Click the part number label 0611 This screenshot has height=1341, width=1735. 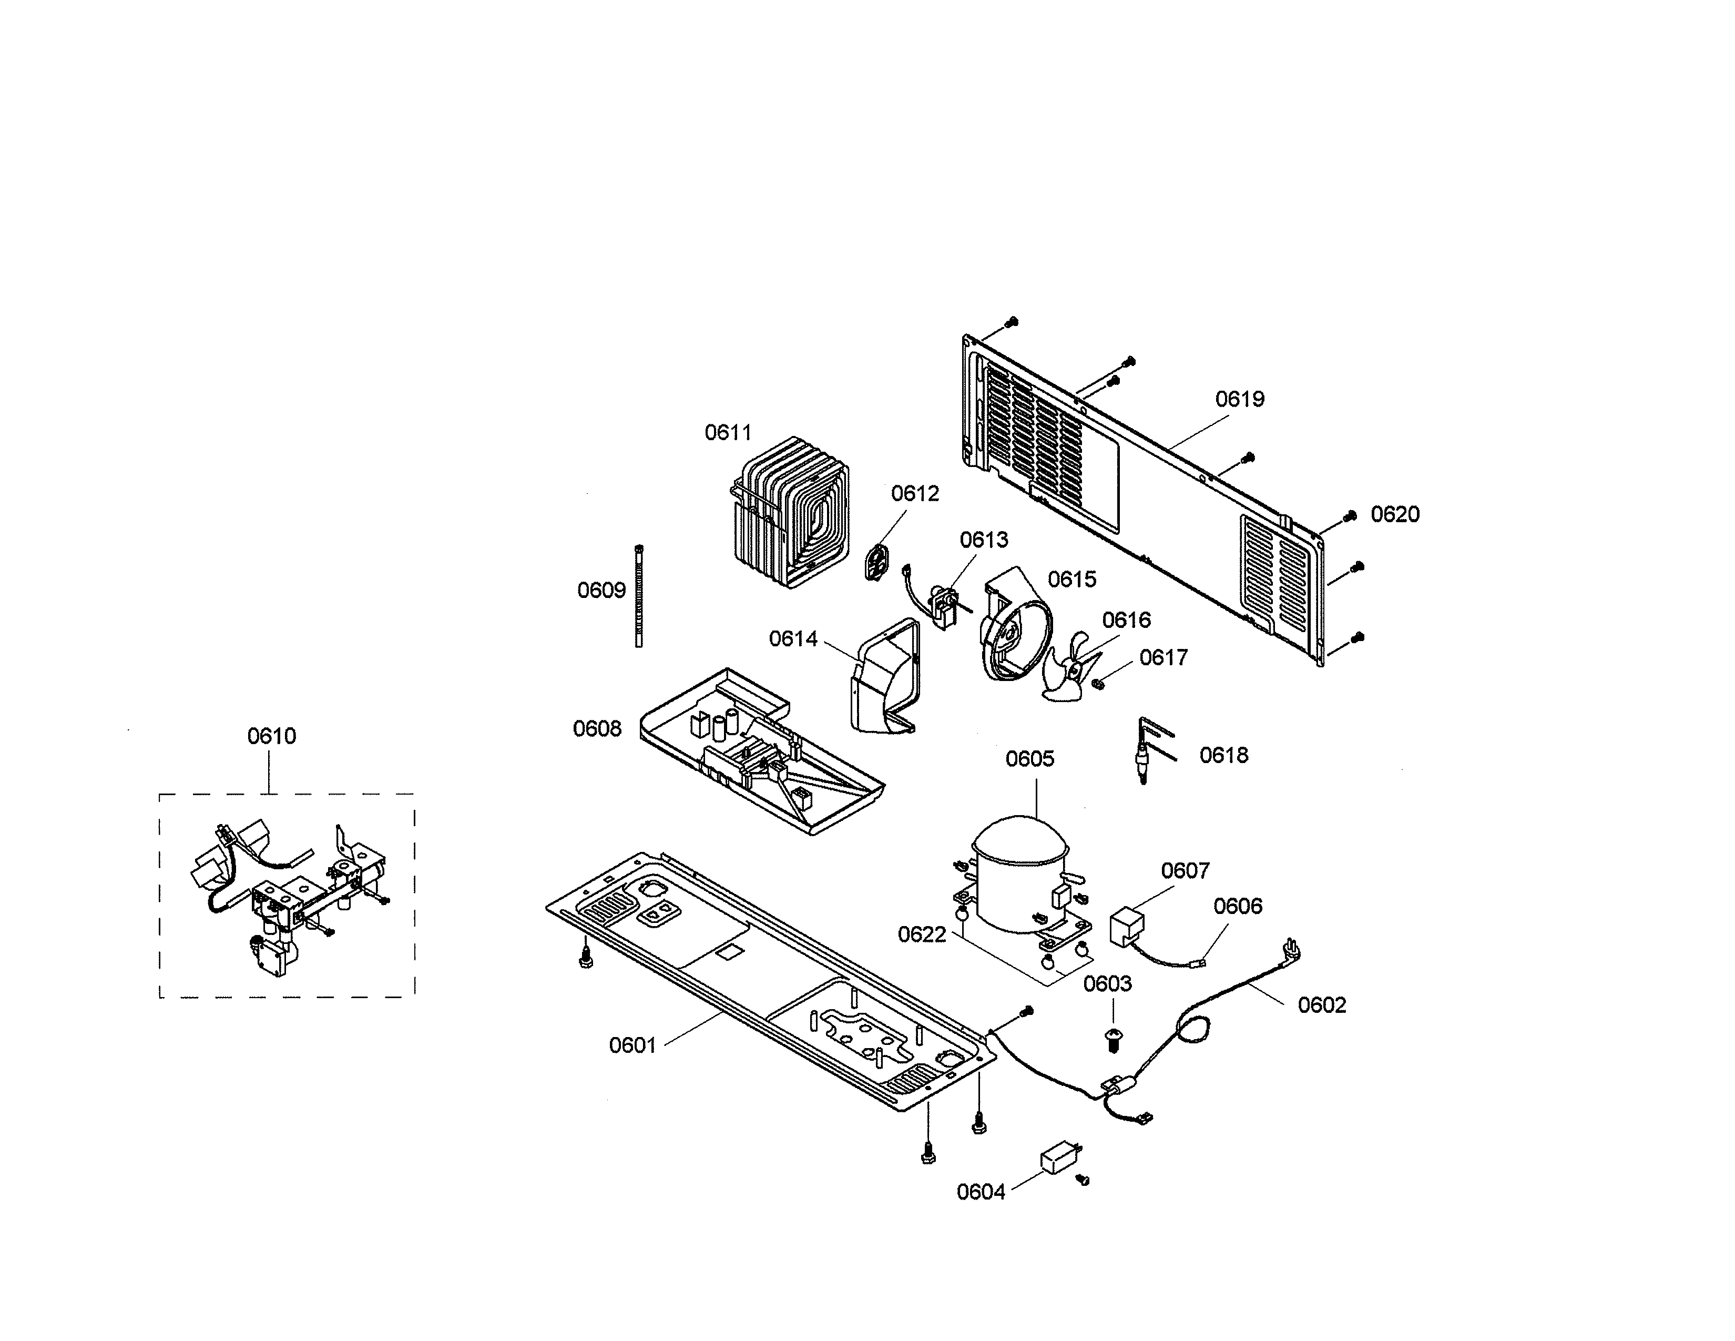[x=728, y=432]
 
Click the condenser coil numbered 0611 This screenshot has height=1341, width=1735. [x=790, y=512]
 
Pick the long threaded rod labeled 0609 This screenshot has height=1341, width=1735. [x=639, y=596]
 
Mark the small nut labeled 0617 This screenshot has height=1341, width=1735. [x=1099, y=684]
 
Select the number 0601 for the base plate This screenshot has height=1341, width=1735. [x=632, y=1045]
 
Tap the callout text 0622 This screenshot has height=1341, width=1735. [x=922, y=934]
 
